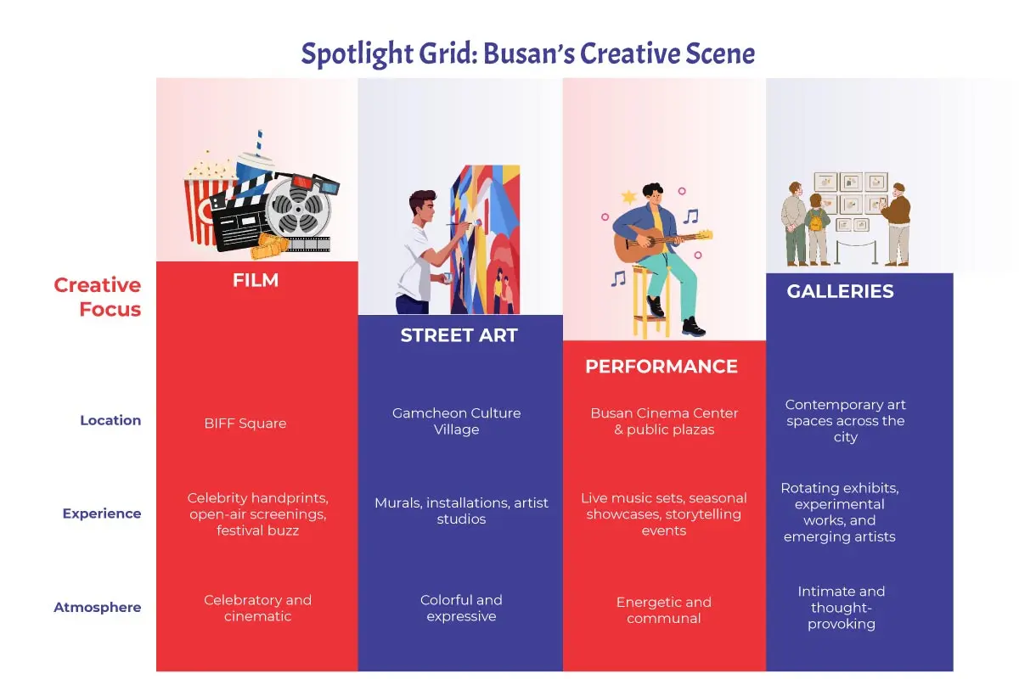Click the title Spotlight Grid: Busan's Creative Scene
[x=527, y=54]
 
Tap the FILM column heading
[x=256, y=281]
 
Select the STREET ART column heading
[x=459, y=336]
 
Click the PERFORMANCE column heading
[x=662, y=367]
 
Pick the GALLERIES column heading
[x=840, y=292]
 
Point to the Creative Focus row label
[x=98, y=297]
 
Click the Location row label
[x=110, y=420]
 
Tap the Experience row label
[x=101, y=513]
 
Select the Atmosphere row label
[x=97, y=608]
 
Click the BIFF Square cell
[x=245, y=424]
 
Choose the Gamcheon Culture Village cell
[x=456, y=422]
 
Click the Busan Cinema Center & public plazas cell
[x=664, y=422]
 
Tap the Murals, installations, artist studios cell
[x=461, y=511]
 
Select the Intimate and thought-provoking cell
[x=841, y=608]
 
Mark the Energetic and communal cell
[x=664, y=610]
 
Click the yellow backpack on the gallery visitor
[x=819, y=223]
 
